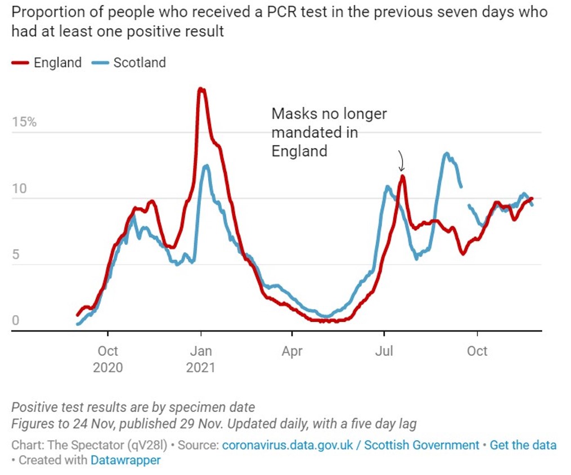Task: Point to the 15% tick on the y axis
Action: pos(24,122)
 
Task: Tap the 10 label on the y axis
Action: pos(20,189)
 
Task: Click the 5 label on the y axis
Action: pos(16,254)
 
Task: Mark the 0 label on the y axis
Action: pos(16,321)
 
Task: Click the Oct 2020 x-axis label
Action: pos(108,359)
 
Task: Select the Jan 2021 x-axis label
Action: pos(201,359)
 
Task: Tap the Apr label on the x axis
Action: pos(292,351)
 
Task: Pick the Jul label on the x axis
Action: pos(384,351)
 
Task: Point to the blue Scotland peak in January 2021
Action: pos(206,165)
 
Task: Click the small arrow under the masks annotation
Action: pos(401,162)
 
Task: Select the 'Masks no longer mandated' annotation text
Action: pos(329,132)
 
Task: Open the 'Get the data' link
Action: pos(523,445)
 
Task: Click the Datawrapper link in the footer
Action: pos(125,460)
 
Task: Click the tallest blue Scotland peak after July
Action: pos(447,153)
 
